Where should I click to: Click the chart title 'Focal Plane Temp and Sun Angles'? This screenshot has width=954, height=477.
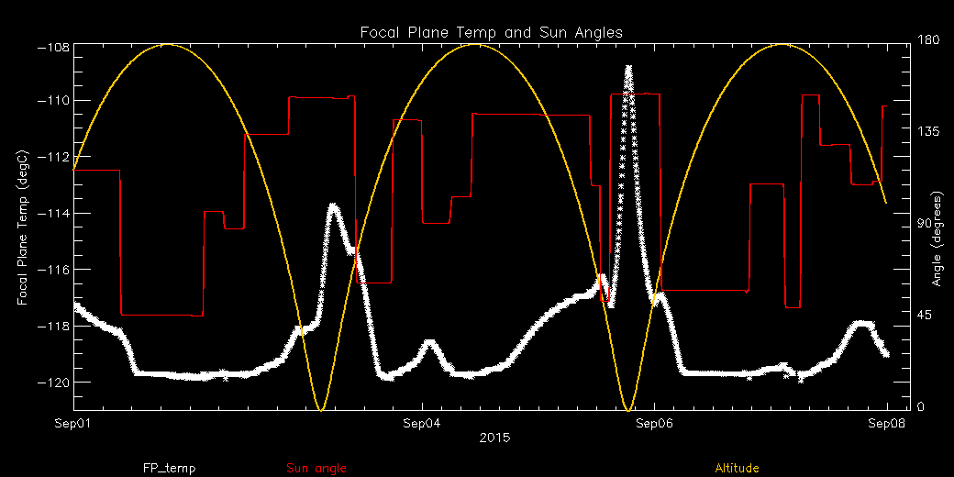click(492, 32)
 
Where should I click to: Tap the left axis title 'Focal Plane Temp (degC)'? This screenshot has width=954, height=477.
click(21, 216)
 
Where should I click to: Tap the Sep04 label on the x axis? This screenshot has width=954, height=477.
click(421, 423)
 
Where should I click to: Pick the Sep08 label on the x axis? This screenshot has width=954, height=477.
click(885, 423)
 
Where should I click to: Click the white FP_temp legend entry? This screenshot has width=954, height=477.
click(169, 468)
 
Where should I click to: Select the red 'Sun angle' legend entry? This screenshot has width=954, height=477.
click(316, 468)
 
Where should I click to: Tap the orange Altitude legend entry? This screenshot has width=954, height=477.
click(737, 468)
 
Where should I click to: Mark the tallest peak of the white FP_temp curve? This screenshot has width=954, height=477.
click(628, 67)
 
